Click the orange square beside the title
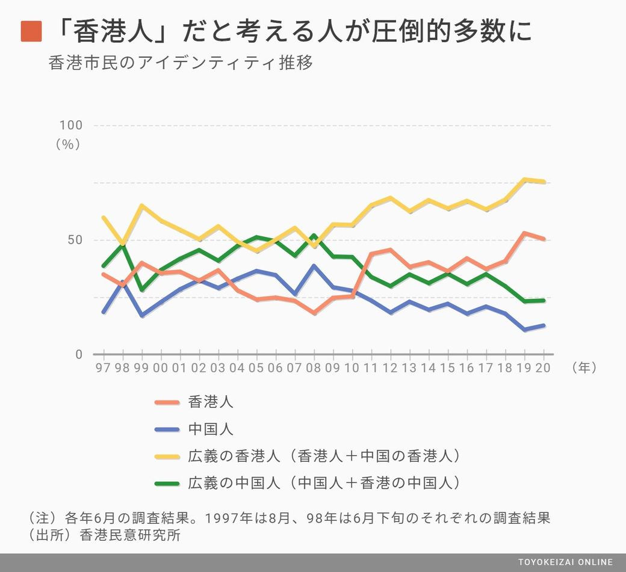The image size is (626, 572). coord(31,31)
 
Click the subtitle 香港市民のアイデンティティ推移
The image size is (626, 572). coord(181,63)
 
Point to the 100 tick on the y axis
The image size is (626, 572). coord(70,125)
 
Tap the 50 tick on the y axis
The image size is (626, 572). coord(75,240)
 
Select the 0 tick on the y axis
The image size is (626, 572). coord(79,354)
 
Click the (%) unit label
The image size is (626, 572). coord(68,144)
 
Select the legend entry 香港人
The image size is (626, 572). coord(211,402)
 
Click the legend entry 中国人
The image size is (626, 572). coord(211,429)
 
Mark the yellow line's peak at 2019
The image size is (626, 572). coord(524,179)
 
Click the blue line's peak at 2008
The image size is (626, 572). coord(314,265)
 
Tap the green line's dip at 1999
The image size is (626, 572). coord(142,289)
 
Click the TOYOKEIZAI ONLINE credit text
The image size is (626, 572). coord(565,562)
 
